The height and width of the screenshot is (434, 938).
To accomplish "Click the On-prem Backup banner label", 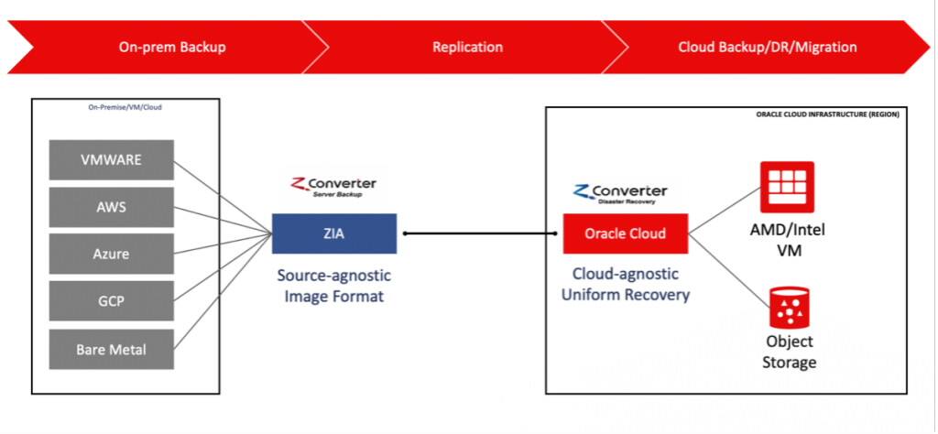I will pyautogui.click(x=171, y=48).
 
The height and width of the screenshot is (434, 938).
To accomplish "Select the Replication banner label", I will pyautogui.click(x=467, y=48).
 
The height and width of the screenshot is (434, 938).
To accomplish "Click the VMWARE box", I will pyautogui.click(x=111, y=161).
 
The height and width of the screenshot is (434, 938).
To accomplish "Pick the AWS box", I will pyautogui.click(x=111, y=208).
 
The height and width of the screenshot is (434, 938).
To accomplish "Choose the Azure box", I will pyautogui.click(x=111, y=254).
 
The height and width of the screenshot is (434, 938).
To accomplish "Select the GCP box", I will pyautogui.click(x=111, y=301).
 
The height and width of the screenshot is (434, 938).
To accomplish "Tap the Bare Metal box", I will pyautogui.click(x=111, y=349).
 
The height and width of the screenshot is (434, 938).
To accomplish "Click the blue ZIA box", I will pyautogui.click(x=333, y=233).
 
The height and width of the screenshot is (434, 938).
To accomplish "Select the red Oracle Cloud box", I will pyautogui.click(x=626, y=233).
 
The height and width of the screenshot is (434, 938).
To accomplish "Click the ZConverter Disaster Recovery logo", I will pyautogui.click(x=620, y=192).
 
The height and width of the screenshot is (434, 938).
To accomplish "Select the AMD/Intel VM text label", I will pyautogui.click(x=788, y=239).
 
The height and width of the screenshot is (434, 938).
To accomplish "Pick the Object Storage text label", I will pyautogui.click(x=789, y=353).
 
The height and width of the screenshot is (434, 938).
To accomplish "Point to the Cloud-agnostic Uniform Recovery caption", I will pyautogui.click(x=626, y=283).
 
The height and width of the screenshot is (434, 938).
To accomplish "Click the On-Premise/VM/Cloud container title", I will pyautogui.click(x=125, y=107).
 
